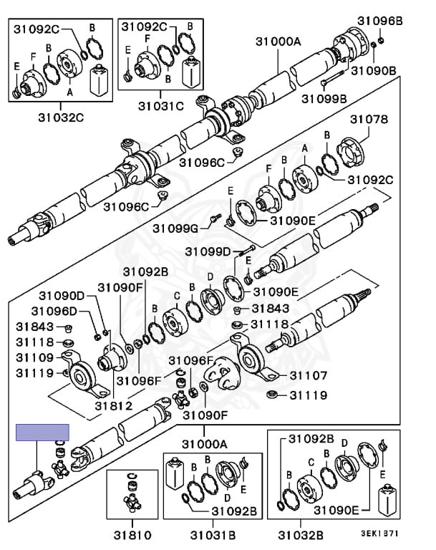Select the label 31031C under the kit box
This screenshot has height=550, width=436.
(x=161, y=107)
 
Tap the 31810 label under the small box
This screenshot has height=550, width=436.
(x=132, y=534)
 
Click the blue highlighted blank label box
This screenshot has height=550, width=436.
(x=42, y=432)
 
